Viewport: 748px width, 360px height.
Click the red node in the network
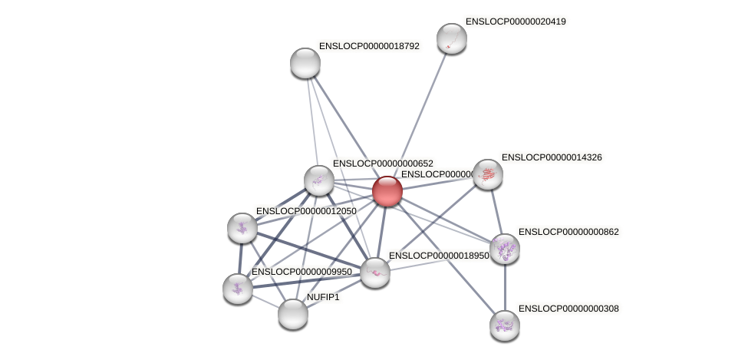coord(387,191)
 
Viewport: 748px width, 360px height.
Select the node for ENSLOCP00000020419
coord(452,38)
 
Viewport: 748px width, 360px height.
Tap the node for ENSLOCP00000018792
coord(305,63)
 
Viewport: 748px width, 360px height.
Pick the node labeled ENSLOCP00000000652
coord(319,180)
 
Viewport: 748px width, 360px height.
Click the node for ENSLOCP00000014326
coord(488,174)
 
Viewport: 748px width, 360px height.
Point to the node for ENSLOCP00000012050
coord(242,228)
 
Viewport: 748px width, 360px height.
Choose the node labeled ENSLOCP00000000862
coord(505,249)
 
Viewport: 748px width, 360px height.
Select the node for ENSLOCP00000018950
coord(375,272)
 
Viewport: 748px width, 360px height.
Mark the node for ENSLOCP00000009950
coord(238,288)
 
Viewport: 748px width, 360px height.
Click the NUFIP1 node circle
coord(293,313)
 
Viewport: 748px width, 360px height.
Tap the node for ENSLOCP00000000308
coord(505,325)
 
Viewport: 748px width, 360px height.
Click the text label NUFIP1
coord(323,297)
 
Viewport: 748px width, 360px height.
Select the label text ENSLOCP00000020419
coord(516,21)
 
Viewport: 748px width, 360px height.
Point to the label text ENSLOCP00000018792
coord(369,46)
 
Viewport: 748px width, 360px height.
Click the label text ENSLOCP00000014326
coord(552,157)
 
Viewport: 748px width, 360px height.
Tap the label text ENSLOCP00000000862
coord(568,232)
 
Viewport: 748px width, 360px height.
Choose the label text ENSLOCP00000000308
coord(568,309)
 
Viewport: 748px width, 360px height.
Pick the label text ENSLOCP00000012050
coord(306,211)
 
